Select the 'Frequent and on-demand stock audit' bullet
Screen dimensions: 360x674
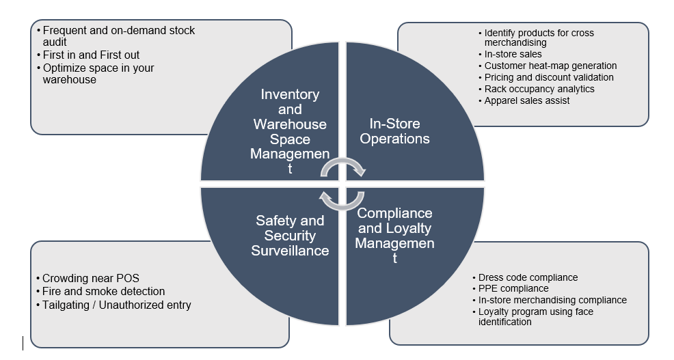click(118, 36)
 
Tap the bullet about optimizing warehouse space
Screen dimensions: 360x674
click(98, 74)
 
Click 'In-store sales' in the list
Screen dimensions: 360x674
click(513, 54)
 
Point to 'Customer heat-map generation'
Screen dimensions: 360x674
click(550, 66)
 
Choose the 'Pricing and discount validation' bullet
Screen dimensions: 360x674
click(549, 77)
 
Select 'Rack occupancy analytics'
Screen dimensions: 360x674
click(539, 89)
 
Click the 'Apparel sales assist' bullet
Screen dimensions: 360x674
click(527, 100)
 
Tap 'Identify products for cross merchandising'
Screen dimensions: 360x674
click(539, 38)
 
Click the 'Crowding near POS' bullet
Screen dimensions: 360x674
click(90, 278)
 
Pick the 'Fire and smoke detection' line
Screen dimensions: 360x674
click(103, 292)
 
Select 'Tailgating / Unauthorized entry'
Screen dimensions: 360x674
click(116, 305)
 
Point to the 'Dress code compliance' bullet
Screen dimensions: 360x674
click(528, 277)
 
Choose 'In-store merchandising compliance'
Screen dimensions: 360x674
click(552, 300)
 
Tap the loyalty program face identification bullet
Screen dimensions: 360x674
click(535, 316)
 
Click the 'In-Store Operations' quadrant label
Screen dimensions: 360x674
click(394, 131)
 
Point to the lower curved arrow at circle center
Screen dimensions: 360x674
click(342, 200)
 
